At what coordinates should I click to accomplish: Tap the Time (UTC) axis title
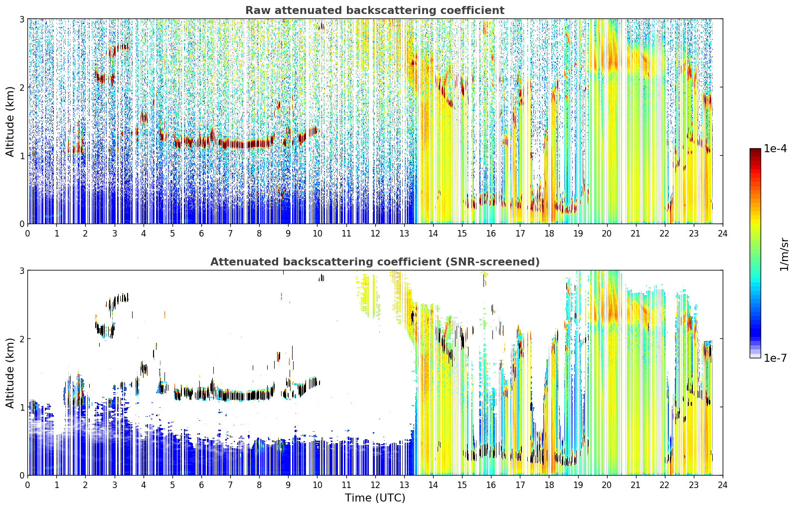[375, 498]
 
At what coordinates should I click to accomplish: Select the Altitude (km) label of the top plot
[9, 122]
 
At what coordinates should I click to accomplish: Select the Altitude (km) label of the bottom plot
[9, 373]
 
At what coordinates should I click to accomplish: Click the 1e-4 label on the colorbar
[775, 149]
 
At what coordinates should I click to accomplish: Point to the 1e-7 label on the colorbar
[775, 358]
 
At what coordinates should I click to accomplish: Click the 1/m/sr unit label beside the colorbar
[784, 255]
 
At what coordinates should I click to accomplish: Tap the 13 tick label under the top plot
[404, 234]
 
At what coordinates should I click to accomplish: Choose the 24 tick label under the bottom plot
[723, 485]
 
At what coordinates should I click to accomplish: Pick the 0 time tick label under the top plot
[28, 234]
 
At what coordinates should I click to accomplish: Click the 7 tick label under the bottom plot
[230, 485]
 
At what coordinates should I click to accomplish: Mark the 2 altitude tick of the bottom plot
[21, 339]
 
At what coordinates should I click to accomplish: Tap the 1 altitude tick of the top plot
[21, 156]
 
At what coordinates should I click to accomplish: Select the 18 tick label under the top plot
[549, 234]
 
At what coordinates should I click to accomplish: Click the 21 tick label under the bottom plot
[636, 485]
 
